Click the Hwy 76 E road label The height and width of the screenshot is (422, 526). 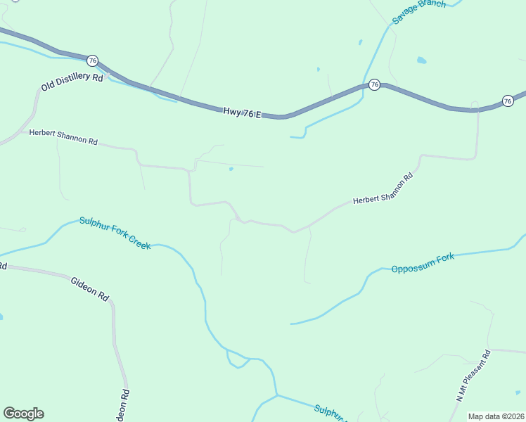pyautogui.click(x=243, y=112)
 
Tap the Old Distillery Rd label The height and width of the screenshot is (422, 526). pyautogui.click(x=72, y=82)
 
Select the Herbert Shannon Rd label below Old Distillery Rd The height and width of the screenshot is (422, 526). pyautogui.click(x=63, y=136)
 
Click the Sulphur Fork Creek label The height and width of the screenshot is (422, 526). pyautogui.click(x=115, y=233)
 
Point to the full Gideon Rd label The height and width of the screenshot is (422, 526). pyautogui.click(x=90, y=288)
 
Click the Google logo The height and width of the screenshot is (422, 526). pyautogui.click(x=23, y=414)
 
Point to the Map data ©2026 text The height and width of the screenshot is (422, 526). pyautogui.click(x=496, y=416)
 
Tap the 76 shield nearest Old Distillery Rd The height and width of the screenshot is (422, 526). pyautogui.click(x=93, y=60)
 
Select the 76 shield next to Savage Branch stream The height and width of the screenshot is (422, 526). pyautogui.click(x=374, y=84)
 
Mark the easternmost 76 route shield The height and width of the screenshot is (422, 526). pyautogui.click(x=508, y=101)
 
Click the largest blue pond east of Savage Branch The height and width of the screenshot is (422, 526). pyautogui.click(x=421, y=60)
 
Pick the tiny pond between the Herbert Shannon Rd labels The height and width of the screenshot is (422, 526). pyautogui.click(x=231, y=169)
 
